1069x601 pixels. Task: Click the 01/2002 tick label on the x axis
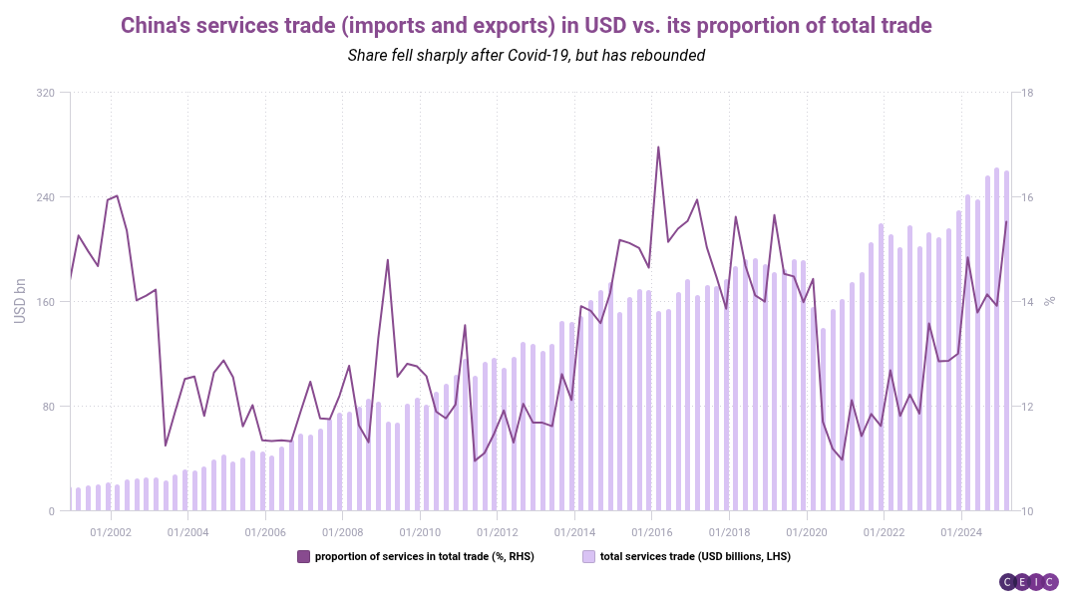tap(110, 530)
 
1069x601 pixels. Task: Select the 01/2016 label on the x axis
tap(651, 530)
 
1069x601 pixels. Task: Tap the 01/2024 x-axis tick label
tap(960, 530)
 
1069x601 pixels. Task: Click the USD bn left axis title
tap(20, 302)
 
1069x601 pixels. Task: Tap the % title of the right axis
tap(1049, 302)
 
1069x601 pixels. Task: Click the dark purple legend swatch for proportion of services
tap(304, 556)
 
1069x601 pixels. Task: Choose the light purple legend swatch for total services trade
tap(589, 556)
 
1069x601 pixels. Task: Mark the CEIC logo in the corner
tap(1028, 582)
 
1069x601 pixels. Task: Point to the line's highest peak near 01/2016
tap(658, 148)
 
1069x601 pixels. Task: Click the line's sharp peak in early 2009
tap(388, 260)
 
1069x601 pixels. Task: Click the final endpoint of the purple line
tap(1006, 221)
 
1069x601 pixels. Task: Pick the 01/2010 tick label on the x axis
tap(419, 530)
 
